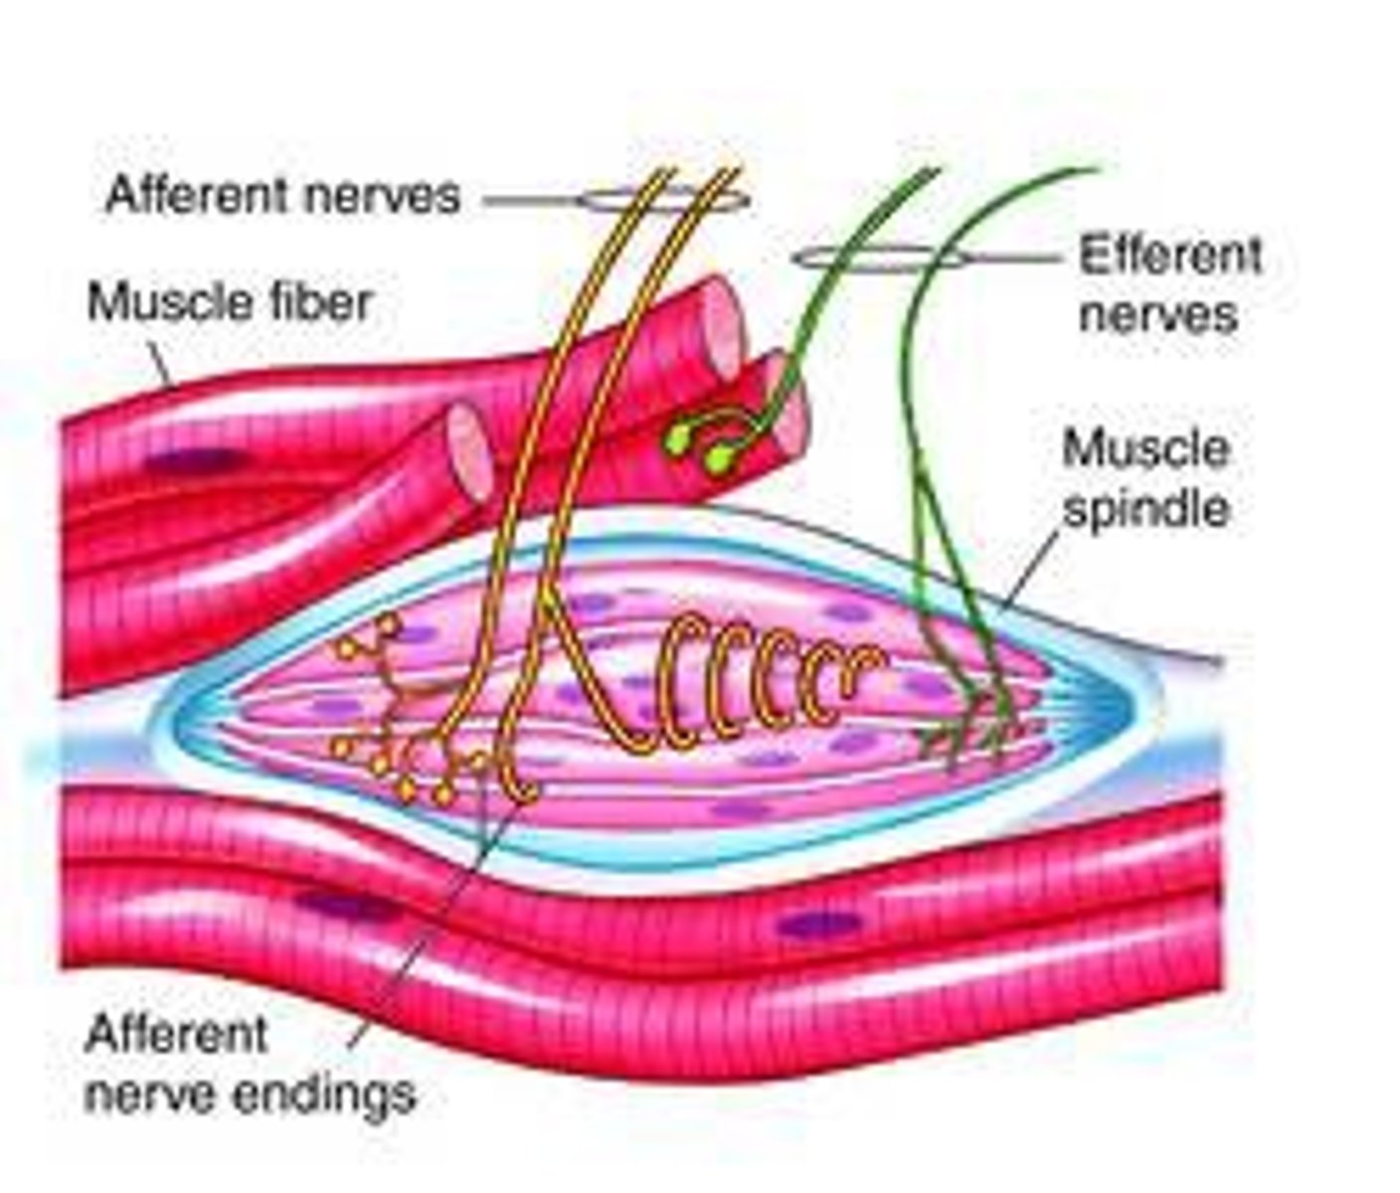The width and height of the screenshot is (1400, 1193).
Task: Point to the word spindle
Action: pos(1145,509)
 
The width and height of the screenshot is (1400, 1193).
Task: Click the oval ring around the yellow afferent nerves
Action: pos(664,200)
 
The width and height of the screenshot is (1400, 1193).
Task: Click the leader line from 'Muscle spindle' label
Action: pos(1034,567)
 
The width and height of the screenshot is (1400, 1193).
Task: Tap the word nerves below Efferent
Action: pos(1157,314)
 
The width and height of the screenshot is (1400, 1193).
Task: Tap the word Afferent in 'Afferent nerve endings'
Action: pos(176,1035)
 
